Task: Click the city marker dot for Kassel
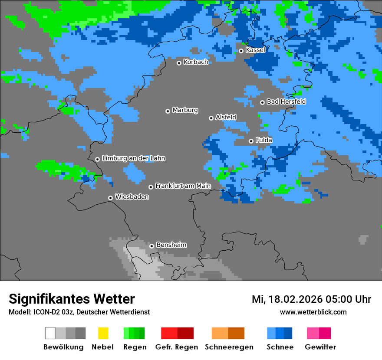pyautogui.click(x=241, y=51)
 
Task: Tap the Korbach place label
pyautogui.click(x=196, y=62)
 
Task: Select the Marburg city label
pyautogui.click(x=185, y=110)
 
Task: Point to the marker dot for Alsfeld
pyautogui.click(x=211, y=118)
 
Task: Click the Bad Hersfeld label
pyautogui.click(x=286, y=101)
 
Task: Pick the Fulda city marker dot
pyautogui.click(x=251, y=141)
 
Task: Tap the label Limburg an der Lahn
pyautogui.click(x=133, y=158)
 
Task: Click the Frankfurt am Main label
pyautogui.click(x=183, y=186)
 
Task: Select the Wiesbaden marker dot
pyautogui.click(x=110, y=198)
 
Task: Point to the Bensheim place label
pyautogui.click(x=171, y=245)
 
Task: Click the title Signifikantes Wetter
pyautogui.click(x=72, y=299)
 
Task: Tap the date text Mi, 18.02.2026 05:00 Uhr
pyautogui.click(x=311, y=299)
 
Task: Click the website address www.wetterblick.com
pyautogui.click(x=313, y=312)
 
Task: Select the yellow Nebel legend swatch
pyautogui.click(x=103, y=333)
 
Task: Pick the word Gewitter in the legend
pyautogui.click(x=320, y=347)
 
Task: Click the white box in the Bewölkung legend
pyautogui.click(x=50, y=333)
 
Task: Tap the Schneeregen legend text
pyautogui.click(x=229, y=347)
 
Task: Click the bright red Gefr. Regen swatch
pyautogui.click(x=169, y=333)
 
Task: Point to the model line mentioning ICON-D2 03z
pyautogui.click(x=79, y=312)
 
